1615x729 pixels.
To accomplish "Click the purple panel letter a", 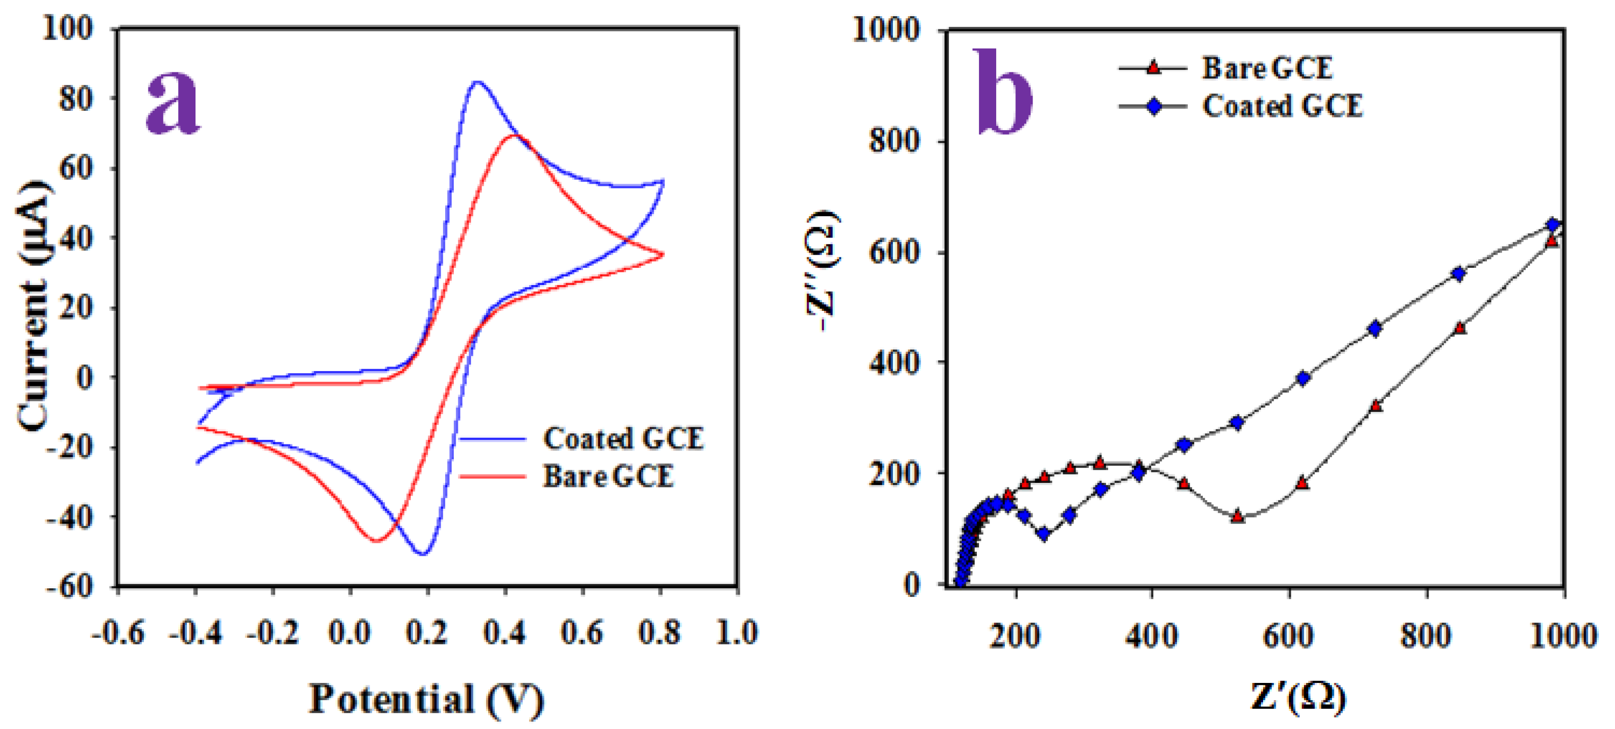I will (172, 102).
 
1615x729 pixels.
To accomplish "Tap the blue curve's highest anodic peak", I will (478, 82).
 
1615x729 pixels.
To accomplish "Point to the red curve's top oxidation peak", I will (514, 135).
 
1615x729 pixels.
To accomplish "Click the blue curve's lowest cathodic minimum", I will (422, 554).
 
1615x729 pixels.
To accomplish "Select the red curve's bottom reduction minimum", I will (375, 540).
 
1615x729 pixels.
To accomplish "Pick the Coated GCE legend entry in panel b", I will (1281, 106).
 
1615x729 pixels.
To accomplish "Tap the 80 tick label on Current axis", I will (76, 98).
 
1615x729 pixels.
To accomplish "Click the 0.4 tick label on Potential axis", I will (504, 633).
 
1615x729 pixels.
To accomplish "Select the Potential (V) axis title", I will (426, 700).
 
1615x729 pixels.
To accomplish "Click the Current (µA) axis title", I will (32, 306).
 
